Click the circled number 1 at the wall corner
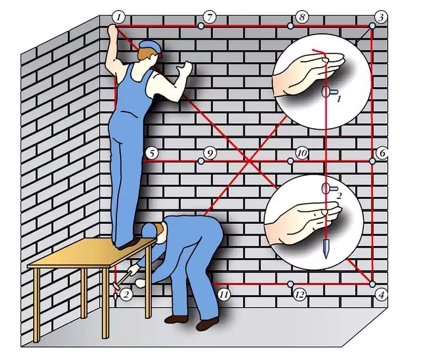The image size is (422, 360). point(119,17)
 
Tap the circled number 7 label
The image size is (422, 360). point(209,17)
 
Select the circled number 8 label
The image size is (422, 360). point(302,17)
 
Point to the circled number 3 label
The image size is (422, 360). point(381,17)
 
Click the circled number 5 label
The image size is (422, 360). point(151,154)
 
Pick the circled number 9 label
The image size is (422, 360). point(210,154)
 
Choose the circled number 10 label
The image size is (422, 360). point(302,153)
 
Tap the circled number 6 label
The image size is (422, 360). point(382,153)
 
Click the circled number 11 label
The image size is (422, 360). point(224,295)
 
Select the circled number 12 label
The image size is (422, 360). point(300,295)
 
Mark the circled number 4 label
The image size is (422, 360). point(381,295)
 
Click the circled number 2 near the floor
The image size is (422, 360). point(126,295)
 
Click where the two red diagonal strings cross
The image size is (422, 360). point(249,162)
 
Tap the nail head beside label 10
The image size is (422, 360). point(290,162)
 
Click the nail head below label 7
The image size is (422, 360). point(200,26)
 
